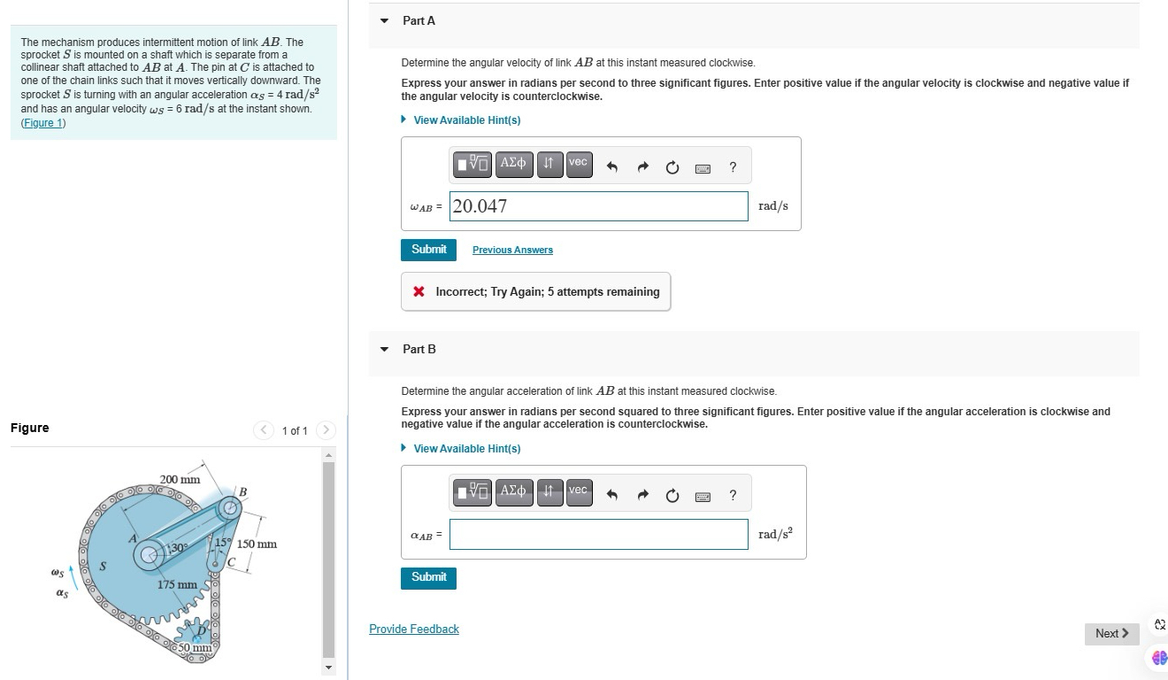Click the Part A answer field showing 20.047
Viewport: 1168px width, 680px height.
point(598,206)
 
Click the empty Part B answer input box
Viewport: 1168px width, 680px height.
point(598,534)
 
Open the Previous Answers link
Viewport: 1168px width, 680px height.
point(512,250)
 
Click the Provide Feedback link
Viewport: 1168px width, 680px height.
point(413,629)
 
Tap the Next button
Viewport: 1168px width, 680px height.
point(1111,633)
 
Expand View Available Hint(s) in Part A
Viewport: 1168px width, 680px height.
point(466,120)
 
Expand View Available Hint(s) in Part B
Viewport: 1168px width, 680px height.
point(466,449)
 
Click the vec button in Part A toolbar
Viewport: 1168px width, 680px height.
point(578,164)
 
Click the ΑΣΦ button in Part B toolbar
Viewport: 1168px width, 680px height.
point(513,491)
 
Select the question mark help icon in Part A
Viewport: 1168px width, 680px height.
point(733,167)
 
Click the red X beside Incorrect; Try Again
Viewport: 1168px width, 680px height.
point(419,292)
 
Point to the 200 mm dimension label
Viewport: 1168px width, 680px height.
point(180,479)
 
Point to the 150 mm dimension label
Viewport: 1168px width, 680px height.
point(257,544)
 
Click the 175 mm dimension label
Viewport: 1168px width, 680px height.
point(176,585)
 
